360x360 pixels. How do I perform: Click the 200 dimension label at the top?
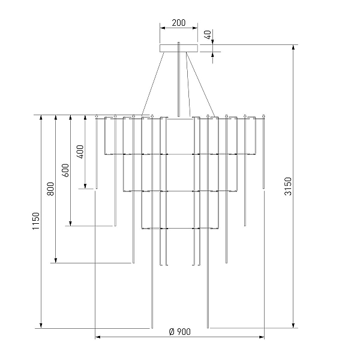click(x=179, y=23)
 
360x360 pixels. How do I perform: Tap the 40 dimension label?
click(x=208, y=35)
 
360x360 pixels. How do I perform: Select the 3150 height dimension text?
click(x=287, y=186)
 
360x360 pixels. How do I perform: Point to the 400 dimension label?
click(x=80, y=152)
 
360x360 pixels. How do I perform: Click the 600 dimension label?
click(x=65, y=170)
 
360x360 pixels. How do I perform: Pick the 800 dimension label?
click(x=50, y=189)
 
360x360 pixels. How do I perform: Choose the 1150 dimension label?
click(x=36, y=221)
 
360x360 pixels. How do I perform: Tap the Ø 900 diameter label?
click(x=180, y=332)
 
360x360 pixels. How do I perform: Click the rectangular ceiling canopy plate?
click(x=179, y=48)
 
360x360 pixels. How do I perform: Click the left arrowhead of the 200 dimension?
click(x=163, y=28)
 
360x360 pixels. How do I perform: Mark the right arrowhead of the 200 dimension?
click(x=195, y=28)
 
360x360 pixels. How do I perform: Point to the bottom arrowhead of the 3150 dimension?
click(x=293, y=326)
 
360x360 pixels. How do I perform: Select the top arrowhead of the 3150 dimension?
click(x=293, y=47)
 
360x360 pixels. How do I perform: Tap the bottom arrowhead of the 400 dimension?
click(x=85, y=186)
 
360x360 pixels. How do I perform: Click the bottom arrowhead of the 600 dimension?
click(x=70, y=223)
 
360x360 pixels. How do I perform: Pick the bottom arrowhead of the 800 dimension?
click(x=56, y=260)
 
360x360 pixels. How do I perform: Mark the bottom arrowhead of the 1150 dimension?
click(x=41, y=326)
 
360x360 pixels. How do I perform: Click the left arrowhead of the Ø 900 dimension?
click(x=98, y=337)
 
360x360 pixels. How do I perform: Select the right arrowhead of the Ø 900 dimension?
click(x=262, y=337)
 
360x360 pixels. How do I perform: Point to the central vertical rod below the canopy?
click(x=179, y=79)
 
